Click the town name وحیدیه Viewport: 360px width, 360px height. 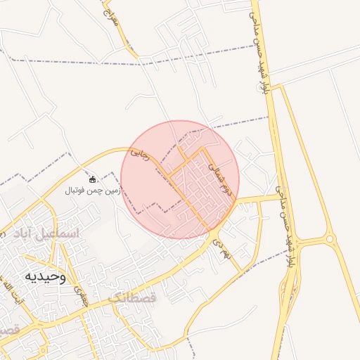(45, 276)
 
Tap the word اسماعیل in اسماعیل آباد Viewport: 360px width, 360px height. (60, 232)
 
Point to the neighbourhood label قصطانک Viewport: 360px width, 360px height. (134, 297)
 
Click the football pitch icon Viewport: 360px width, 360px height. (92, 180)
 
